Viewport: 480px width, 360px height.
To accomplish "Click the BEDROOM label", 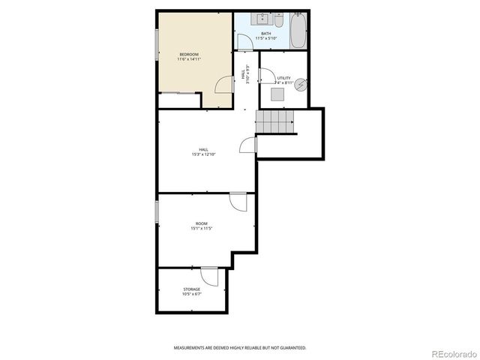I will coord(189,53).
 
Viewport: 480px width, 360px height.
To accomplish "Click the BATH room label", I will coord(265,33).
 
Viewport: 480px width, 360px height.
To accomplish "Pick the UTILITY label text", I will coord(283,78).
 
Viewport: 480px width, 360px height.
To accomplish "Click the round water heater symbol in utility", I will coord(301,85).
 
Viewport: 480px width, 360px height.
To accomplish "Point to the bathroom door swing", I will coord(246,42).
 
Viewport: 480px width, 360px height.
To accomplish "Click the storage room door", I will coord(210,277).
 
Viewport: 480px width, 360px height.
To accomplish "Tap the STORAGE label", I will coord(192,289).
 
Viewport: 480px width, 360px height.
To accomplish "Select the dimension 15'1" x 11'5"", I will coord(202,229).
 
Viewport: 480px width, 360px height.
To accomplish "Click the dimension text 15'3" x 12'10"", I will coord(203,154).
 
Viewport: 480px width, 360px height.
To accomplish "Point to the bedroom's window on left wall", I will coord(157,52).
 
